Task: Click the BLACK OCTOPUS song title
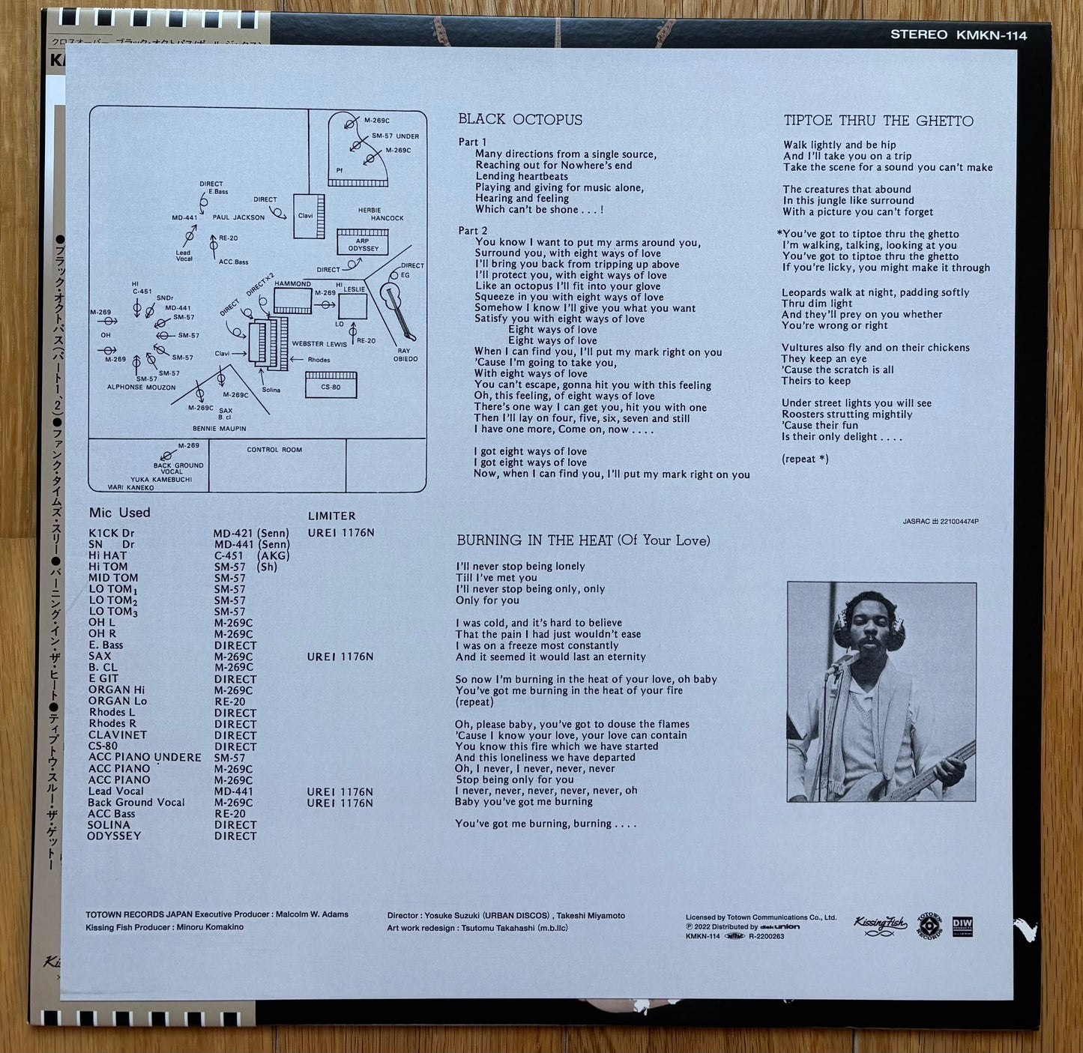(x=520, y=120)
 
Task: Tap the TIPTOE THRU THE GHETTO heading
(x=878, y=121)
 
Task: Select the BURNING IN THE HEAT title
(x=583, y=540)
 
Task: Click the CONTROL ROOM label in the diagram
(x=274, y=450)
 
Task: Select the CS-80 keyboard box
(x=331, y=387)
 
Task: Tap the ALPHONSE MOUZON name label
(x=141, y=387)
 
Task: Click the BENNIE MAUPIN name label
(x=219, y=429)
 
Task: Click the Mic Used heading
(x=120, y=513)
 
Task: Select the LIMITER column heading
(x=331, y=516)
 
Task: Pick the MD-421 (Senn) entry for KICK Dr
(x=251, y=534)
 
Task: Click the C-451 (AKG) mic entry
(x=251, y=555)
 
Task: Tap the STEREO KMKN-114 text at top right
(x=958, y=35)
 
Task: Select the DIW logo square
(x=962, y=926)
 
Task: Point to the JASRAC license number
(x=941, y=522)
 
